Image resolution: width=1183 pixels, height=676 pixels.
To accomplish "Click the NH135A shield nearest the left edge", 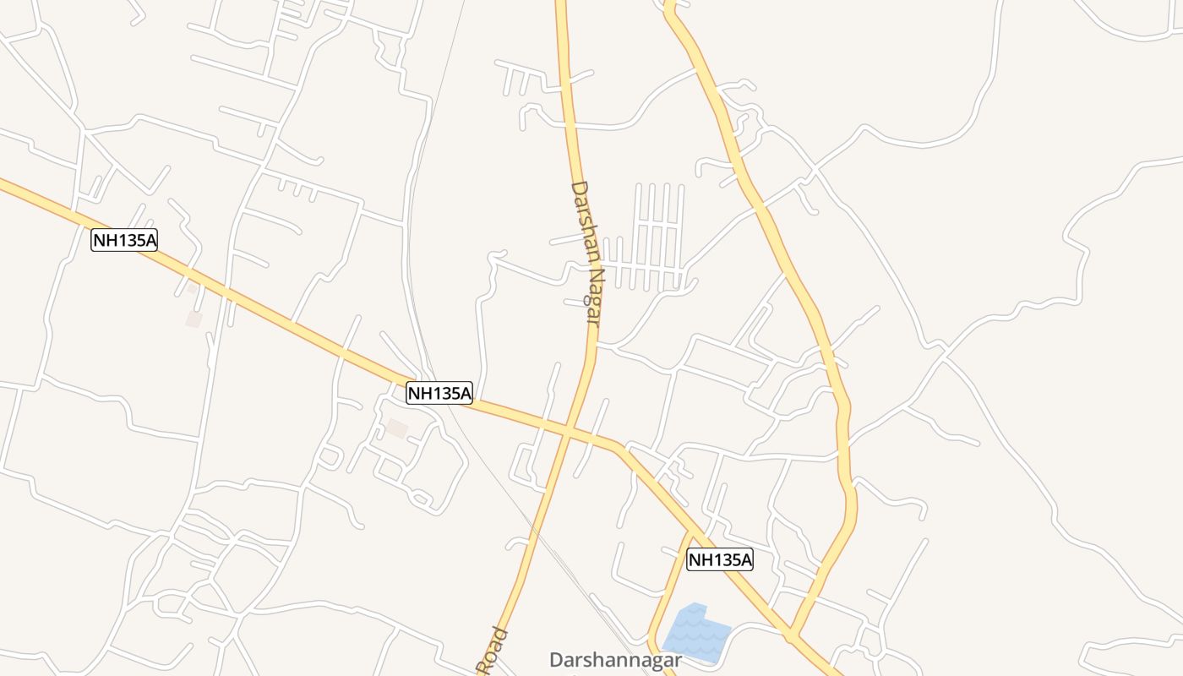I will pos(124,240).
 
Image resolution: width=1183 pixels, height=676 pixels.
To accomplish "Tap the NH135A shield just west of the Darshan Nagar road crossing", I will pos(439,393).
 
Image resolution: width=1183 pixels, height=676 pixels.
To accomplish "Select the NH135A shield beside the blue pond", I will pos(719,559).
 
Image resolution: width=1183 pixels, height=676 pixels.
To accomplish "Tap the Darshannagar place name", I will pos(615,660).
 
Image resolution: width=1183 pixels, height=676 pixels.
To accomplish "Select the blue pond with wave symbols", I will pos(696,630).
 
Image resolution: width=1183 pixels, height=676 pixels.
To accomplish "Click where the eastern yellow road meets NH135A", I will pos(792,633).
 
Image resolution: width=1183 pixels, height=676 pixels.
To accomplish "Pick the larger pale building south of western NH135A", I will pos(194,319).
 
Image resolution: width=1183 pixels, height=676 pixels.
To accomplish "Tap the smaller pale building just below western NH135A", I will pos(192,289).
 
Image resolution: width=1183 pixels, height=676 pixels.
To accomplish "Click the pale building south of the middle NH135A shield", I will pos(397,428).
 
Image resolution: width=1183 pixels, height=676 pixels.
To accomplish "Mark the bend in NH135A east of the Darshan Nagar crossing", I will pos(621,446).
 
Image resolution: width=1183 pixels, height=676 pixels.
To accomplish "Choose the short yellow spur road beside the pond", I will pos(668,591).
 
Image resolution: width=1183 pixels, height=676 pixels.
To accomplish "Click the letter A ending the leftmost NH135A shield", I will pos(150,240).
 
